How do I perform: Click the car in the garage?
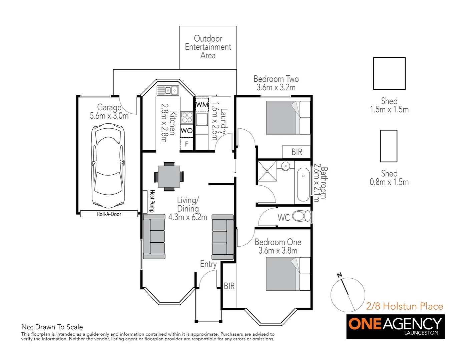pyautogui.click(x=108, y=166)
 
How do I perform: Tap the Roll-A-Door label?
pyautogui.click(x=109, y=214)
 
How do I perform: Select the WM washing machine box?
pyautogui.click(x=202, y=104)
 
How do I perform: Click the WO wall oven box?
pyautogui.click(x=187, y=131)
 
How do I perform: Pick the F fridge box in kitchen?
pyautogui.click(x=187, y=144)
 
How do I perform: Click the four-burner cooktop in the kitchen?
pyautogui.click(x=187, y=117)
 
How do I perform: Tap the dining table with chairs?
pyautogui.click(x=169, y=176)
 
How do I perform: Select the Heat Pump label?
pyautogui.click(x=152, y=201)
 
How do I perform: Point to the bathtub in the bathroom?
pyautogui.click(x=303, y=184)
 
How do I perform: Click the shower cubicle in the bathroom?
pyautogui.click(x=267, y=171)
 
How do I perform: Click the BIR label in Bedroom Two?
pyautogui.click(x=297, y=152)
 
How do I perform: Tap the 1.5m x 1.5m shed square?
pyautogui.click(x=389, y=73)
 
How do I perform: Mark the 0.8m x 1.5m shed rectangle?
pyautogui.click(x=389, y=146)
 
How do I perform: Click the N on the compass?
pyautogui.click(x=340, y=275)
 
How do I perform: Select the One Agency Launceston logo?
pyautogui.click(x=395, y=326)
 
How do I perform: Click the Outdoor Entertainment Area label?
pyautogui.click(x=208, y=47)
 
